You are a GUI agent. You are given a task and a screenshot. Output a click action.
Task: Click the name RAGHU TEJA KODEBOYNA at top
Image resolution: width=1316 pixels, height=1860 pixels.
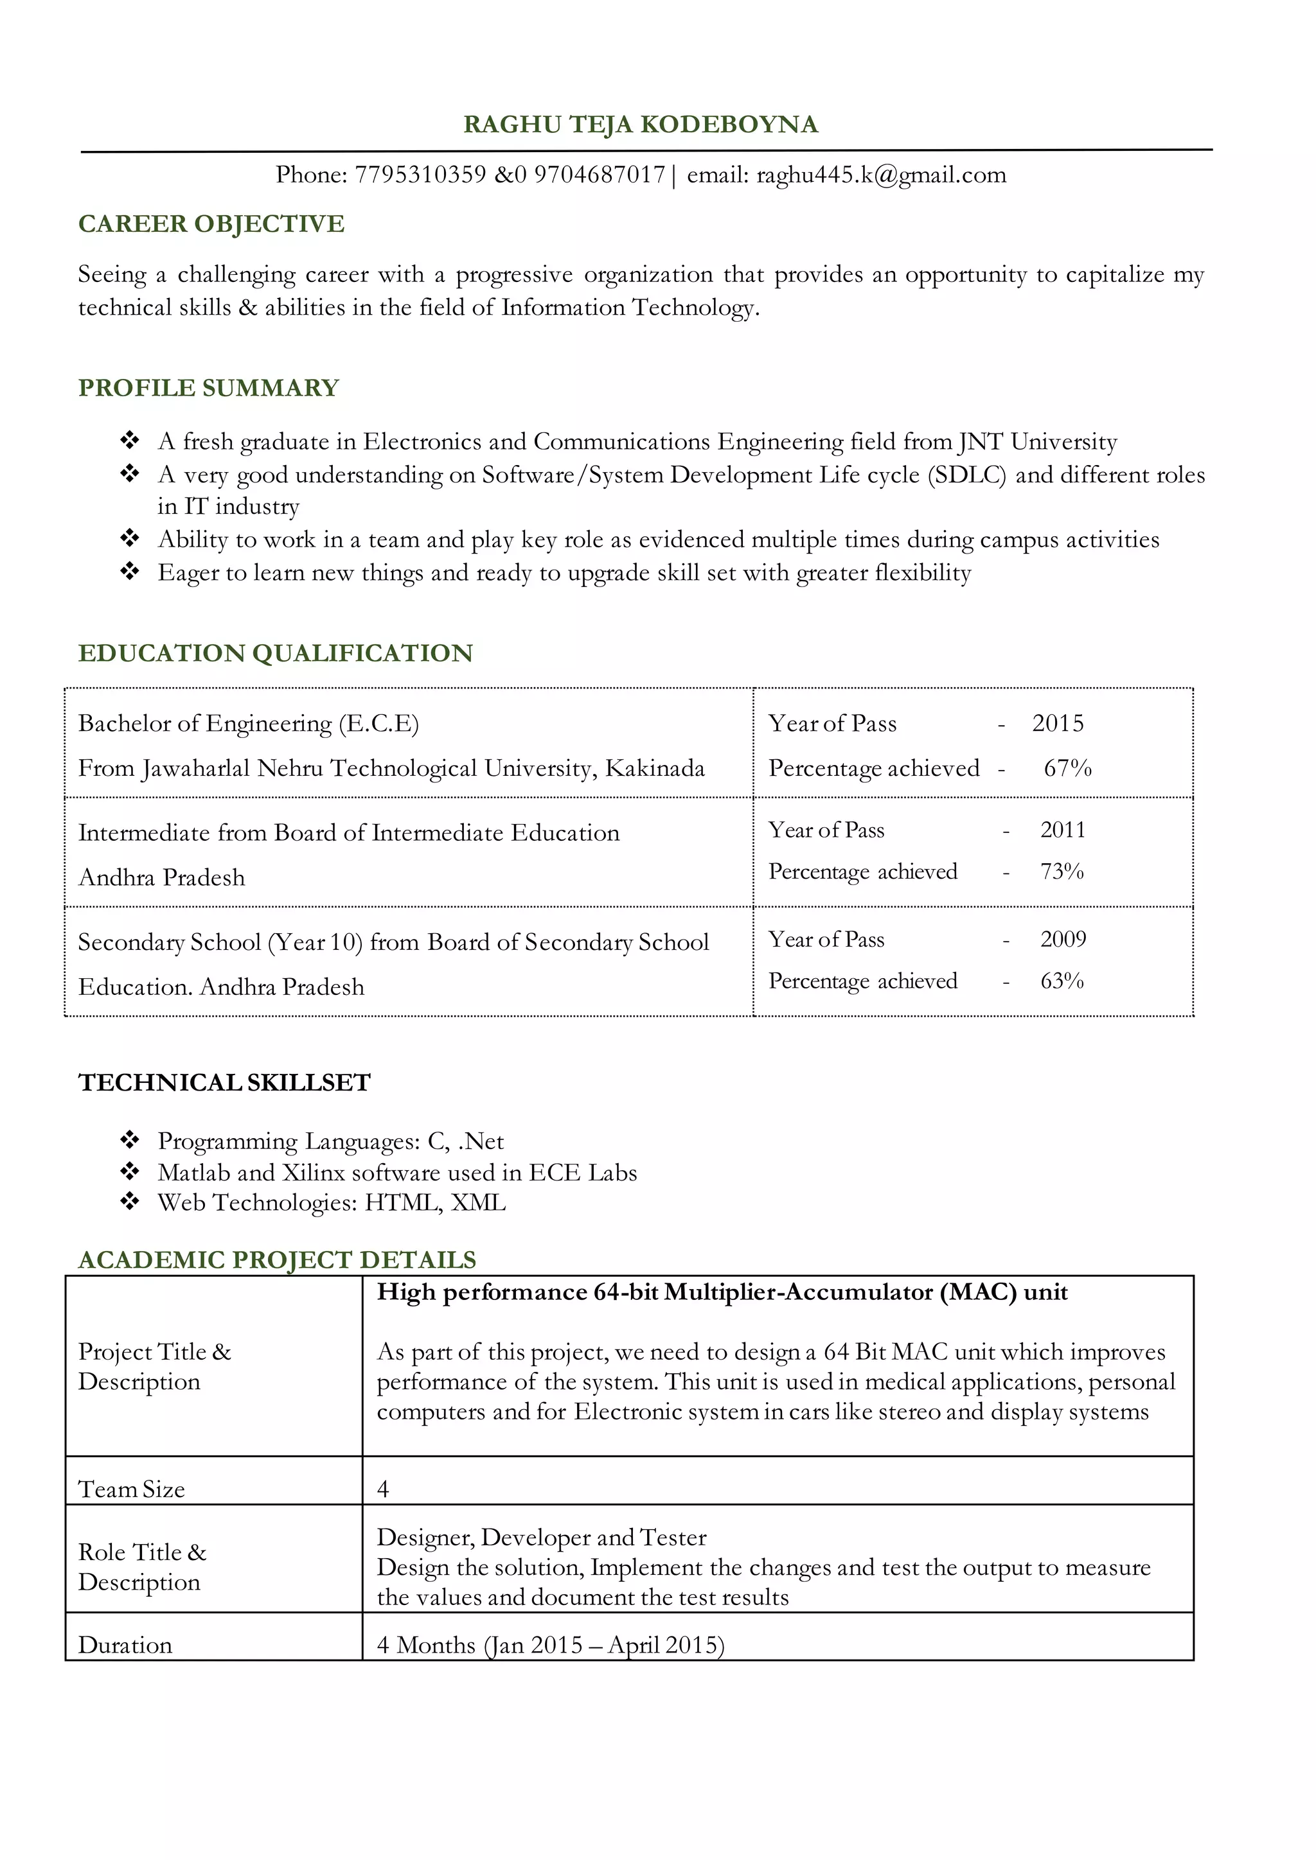point(640,124)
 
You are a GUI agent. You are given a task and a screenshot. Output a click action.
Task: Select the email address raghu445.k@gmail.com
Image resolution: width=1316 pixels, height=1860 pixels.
point(881,175)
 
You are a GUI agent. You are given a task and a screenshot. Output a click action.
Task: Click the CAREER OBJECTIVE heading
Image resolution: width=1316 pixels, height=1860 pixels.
point(211,224)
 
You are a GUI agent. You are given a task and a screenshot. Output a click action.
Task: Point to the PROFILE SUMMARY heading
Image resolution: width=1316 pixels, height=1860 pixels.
point(208,388)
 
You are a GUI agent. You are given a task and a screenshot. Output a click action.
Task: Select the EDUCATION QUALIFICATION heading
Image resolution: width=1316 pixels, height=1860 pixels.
point(276,653)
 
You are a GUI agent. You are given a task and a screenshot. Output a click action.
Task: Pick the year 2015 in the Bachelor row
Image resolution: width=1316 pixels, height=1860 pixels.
point(1058,723)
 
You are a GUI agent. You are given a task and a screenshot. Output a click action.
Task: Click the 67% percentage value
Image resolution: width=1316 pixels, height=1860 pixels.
point(1067,768)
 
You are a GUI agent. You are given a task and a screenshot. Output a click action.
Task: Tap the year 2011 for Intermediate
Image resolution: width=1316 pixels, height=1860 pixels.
point(1062,830)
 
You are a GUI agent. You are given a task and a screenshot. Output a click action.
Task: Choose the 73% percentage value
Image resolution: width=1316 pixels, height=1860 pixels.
point(1062,872)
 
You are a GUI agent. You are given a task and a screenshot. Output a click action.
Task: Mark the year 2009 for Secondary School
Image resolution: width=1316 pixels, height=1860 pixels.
point(1062,939)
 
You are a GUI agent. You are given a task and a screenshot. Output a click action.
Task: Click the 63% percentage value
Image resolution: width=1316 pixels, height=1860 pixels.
point(1062,981)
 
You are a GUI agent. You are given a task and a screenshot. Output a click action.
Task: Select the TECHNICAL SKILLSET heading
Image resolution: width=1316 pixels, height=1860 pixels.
point(224,1083)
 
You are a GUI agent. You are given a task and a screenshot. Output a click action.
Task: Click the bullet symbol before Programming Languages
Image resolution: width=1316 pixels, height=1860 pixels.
point(130,1141)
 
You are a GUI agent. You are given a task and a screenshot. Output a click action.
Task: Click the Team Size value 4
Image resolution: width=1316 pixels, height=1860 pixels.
point(383,1489)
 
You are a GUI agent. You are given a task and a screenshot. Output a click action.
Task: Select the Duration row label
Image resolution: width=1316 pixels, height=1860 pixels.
point(125,1645)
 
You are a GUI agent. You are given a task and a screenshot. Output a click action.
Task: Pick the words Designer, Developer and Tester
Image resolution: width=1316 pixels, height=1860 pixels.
point(541,1538)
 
